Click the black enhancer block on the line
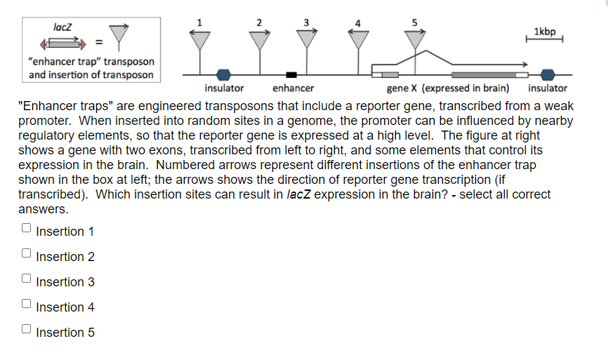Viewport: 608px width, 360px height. (x=291, y=75)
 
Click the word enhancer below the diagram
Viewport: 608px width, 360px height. (x=293, y=88)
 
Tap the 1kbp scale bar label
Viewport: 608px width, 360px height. (x=544, y=32)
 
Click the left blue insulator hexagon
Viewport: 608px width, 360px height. (x=223, y=74)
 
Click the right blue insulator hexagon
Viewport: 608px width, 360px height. (x=547, y=74)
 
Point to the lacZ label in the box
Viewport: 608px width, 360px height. (x=62, y=27)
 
